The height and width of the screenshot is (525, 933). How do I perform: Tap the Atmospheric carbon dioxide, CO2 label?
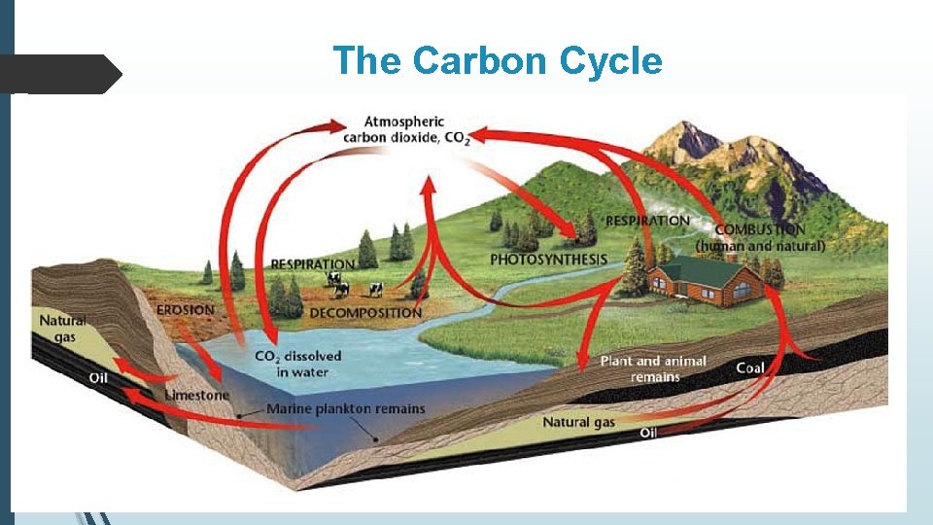[405, 130]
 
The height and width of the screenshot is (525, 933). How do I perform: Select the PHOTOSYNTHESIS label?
[548, 260]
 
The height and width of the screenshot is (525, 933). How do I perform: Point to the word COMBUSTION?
[759, 230]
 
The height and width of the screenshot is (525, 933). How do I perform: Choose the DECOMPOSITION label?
[365, 313]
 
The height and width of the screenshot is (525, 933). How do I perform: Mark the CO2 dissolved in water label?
[297, 364]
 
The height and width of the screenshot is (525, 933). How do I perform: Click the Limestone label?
[197, 395]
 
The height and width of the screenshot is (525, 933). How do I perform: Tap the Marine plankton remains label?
[345, 408]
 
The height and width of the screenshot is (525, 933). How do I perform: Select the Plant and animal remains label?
[653, 368]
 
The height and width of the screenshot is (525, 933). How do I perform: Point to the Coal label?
[750, 367]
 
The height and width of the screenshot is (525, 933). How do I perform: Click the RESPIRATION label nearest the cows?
[312, 263]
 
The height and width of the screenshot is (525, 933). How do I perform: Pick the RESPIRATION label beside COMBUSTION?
[647, 221]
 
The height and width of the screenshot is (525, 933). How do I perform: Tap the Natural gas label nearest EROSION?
[62, 328]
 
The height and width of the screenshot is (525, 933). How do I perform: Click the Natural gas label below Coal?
[578, 422]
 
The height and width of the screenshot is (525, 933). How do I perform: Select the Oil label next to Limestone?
[98, 377]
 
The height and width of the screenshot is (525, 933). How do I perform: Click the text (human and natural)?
[761, 246]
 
